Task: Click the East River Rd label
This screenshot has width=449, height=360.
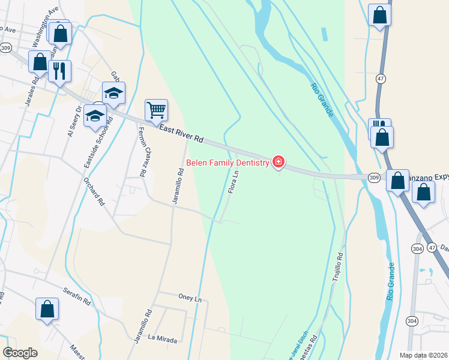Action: click(x=181, y=133)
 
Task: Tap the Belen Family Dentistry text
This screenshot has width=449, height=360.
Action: click(x=228, y=162)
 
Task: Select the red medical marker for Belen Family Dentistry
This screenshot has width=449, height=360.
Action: click(x=278, y=161)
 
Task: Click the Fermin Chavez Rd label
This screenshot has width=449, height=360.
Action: click(x=142, y=151)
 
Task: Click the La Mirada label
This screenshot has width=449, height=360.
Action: click(x=162, y=339)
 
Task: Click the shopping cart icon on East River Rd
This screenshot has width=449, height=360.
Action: click(x=156, y=110)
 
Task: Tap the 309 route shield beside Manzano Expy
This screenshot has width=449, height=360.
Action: click(x=374, y=178)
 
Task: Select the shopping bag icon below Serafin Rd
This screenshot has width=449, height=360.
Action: click(x=47, y=310)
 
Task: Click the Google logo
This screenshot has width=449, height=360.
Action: click(x=20, y=353)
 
